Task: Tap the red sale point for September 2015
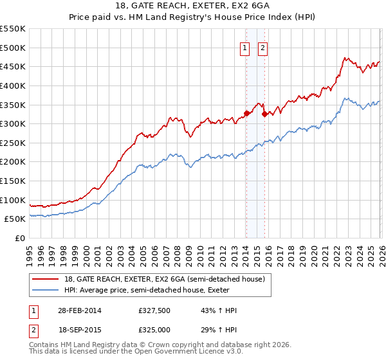pos(264,114)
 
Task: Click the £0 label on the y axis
pos(19,238)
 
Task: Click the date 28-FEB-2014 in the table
pos(79,310)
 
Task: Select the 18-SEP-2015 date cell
pos(79,331)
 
